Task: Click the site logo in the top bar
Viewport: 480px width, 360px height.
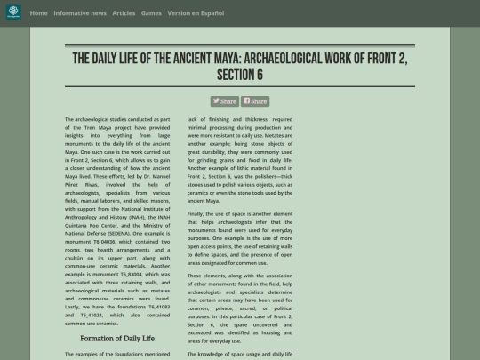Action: tap(12, 13)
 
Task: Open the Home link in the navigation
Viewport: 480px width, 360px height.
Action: tap(38, 13)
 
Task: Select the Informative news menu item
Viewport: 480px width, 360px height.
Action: tap(80, 13)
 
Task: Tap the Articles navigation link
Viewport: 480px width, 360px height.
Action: tap(124, 13)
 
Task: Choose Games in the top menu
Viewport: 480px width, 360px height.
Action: tap(151, 13)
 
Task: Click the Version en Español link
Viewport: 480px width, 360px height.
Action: tap(196, 13)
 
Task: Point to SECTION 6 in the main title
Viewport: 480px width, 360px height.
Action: tap(240, 75)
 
